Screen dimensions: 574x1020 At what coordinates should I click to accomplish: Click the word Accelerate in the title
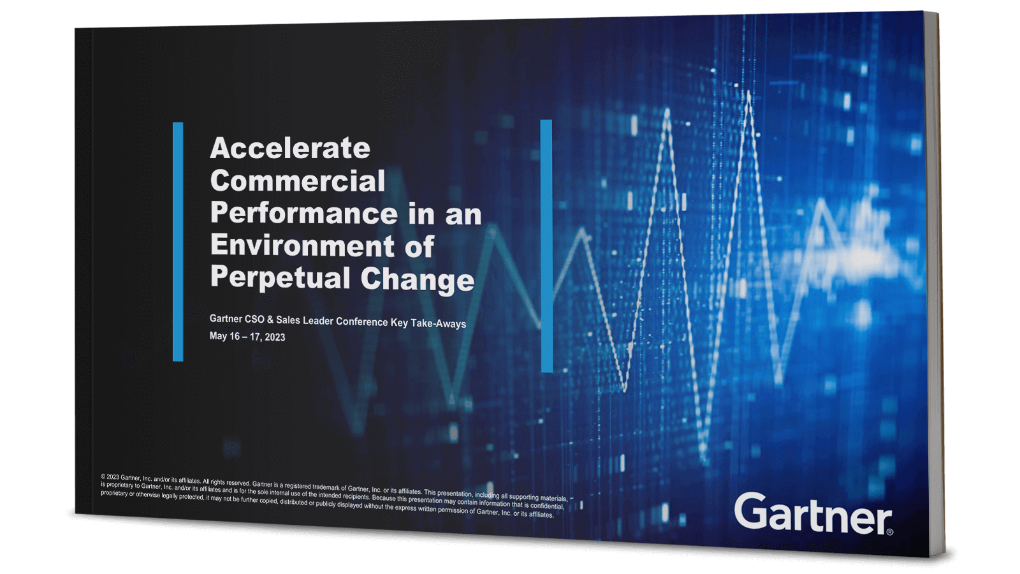290,149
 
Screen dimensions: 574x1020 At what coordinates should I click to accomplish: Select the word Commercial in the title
298,181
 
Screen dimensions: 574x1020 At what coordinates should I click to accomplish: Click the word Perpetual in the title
280,277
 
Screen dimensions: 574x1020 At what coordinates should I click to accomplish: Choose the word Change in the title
418,279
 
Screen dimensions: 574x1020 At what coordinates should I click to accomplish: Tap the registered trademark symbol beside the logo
890,532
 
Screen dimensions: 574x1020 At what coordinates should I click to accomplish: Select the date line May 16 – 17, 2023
247,336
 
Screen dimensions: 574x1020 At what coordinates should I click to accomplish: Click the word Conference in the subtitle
361,321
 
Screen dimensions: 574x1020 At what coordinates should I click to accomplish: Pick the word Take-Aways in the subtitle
438,323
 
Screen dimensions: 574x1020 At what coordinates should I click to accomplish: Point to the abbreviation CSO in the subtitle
254,319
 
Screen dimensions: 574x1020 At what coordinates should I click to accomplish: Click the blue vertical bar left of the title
178,242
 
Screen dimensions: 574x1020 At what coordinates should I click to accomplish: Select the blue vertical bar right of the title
546,246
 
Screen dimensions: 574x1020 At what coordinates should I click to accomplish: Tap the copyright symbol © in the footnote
103,476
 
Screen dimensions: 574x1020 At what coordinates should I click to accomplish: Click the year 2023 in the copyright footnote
113,477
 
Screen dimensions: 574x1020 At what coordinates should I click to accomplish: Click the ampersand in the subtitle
270,320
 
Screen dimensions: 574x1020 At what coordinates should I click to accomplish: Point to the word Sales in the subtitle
288,320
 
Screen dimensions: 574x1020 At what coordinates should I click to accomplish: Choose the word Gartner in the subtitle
226,318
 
